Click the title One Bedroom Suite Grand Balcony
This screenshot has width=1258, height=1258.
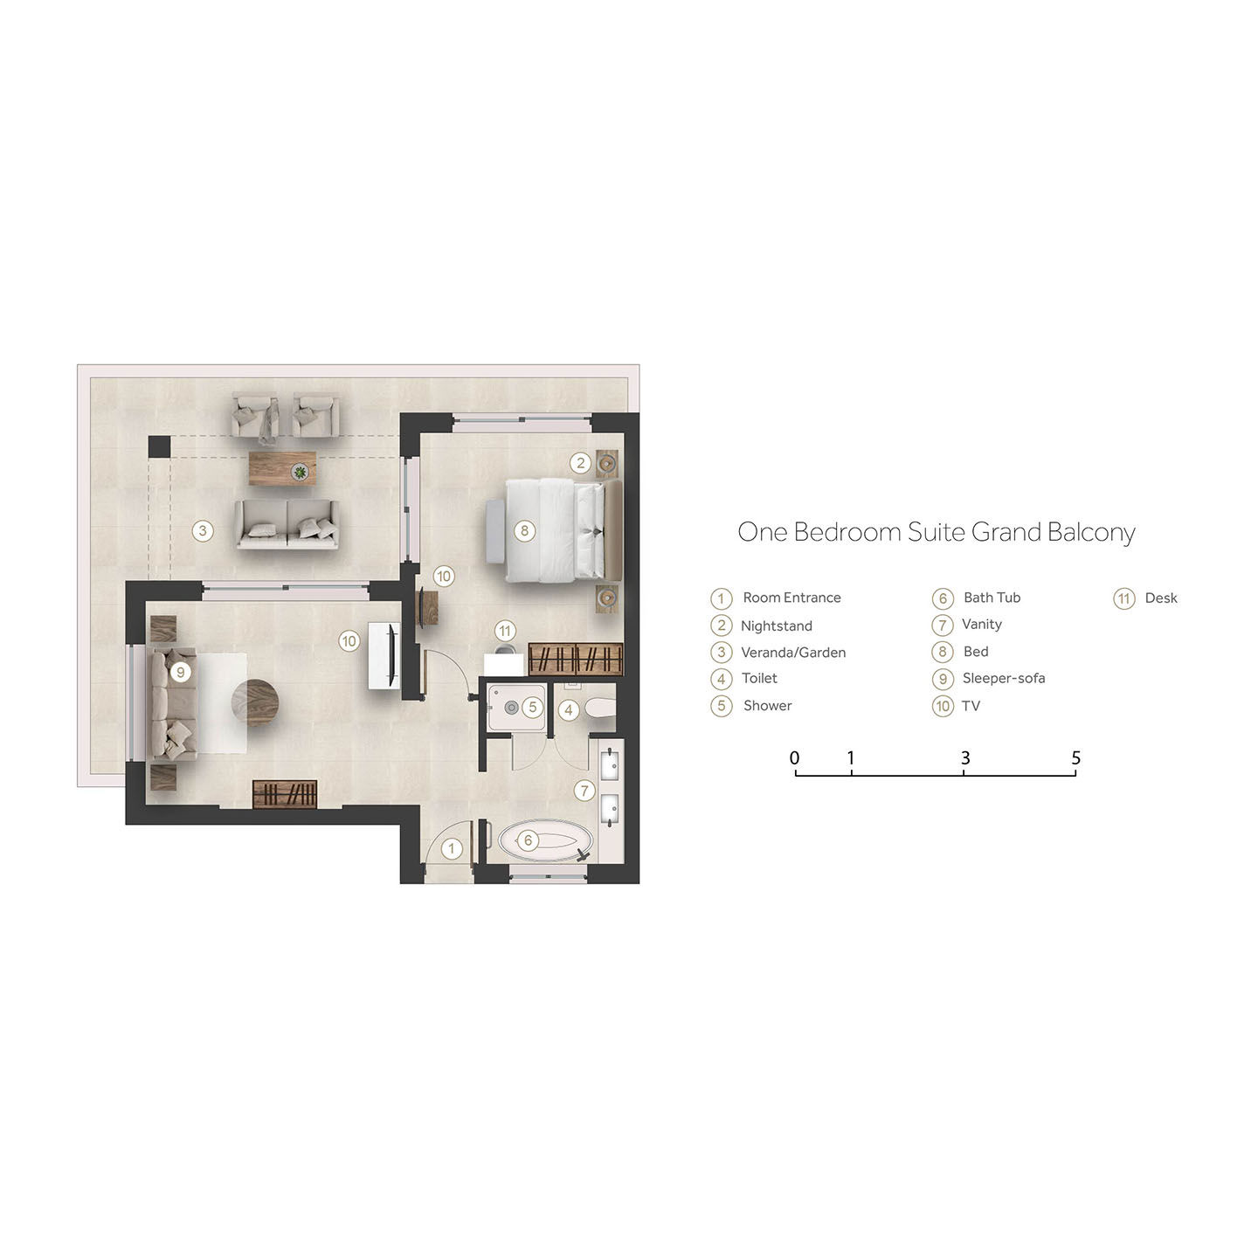pos(936,533)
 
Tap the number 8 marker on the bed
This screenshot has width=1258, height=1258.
pos(524,531)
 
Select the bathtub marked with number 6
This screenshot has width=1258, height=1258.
pos(545,840)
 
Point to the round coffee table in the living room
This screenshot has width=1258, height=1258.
pos(255,702)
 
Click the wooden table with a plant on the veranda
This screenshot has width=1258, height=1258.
pos(283,468)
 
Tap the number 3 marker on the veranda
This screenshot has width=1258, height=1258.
pos(203,531)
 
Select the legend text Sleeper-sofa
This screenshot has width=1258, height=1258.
pos(1004,678)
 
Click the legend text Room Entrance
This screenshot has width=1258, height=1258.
pos(791,598)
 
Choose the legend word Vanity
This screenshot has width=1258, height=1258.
pos(982,624)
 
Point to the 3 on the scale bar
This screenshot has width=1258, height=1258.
pos(964,758)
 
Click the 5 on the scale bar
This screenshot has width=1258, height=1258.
pos(1076,758)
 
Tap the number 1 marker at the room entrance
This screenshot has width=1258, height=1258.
pos(451,848)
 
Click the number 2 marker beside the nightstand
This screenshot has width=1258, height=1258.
pos(580,463)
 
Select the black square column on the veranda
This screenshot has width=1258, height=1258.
pos(159,447)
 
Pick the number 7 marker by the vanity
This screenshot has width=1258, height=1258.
pos(584,791)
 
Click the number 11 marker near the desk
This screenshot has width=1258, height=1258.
pos(505,631)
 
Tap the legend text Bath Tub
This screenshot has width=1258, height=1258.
pos(992,598)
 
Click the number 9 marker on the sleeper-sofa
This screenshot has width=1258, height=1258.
pos(180,672)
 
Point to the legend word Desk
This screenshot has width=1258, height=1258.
pos(1161,598)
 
